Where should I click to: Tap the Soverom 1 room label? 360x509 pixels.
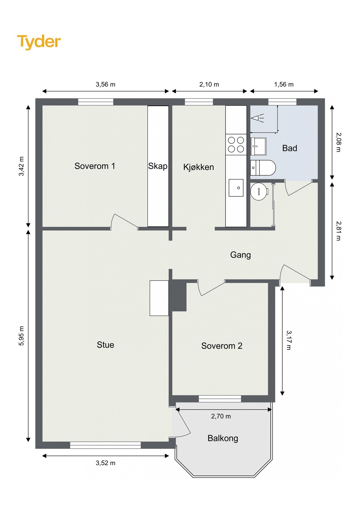click(x=95, y=166)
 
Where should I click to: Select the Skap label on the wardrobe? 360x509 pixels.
click(x=158, y=166)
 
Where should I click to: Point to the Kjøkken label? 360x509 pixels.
click(x=199, y=167)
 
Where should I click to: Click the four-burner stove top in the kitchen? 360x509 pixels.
click(x=236, y=144)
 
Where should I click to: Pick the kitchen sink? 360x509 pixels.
click(x=236, y=187)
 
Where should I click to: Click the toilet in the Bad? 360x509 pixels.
click(x=263, y=168)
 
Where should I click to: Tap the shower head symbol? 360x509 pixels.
click(x=257, y=118)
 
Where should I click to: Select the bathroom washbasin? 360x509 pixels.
click(x=258, y=146)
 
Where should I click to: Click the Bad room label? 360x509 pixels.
click(x=290, y=148)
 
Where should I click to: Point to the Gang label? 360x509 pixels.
click(x=240, y=255)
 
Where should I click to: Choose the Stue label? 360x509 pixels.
click(x=105, y=345)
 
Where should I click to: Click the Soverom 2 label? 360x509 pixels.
click(x=222, y=346)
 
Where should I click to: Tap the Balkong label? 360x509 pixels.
click(x=223, y=438)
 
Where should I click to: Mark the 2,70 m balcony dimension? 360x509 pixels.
click(x=221, y=416)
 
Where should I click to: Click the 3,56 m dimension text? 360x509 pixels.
click(x=105, y=84)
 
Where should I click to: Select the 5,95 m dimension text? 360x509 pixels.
click(x=21, y=336)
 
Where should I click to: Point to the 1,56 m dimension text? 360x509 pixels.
click(x=284, y=84)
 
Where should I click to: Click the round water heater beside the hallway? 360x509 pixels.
click(x=259, y=191)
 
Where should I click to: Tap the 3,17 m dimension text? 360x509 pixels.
click(x=288, y=340)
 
